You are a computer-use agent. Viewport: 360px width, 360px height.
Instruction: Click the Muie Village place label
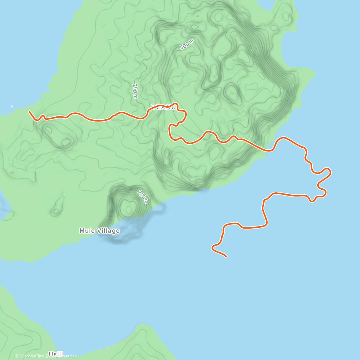tap(99, 231)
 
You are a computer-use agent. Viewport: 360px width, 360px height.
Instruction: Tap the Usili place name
tap(56, 354)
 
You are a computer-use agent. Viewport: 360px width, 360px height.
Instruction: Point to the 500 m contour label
tap(187, 45)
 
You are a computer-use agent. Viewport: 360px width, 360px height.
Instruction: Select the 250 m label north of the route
tap(135, 91)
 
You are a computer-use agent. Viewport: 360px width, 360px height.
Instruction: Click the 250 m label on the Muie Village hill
tap(143, 196)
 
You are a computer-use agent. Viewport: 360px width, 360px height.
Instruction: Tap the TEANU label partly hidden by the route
tap(163, 107)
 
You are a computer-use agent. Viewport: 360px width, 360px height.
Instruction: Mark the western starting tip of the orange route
tap(29, 112)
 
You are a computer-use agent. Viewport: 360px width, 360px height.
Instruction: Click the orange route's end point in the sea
tap(226, 257)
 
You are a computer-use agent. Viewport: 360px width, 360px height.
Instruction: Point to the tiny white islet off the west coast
tap(12, 106)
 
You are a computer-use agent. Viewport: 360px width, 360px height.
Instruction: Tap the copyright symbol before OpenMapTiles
tap(17, 356)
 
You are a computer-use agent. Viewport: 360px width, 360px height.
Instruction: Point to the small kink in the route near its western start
tap(42, 116)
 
